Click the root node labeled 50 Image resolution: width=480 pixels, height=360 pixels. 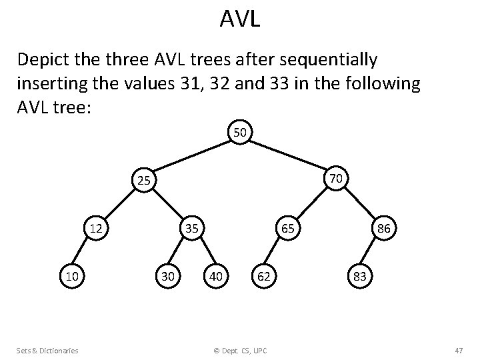(240, 133)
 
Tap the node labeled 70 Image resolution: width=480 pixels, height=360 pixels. (336, 178)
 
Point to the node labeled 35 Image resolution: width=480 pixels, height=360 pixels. (192, 228)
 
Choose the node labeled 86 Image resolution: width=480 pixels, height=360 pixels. (385, 228)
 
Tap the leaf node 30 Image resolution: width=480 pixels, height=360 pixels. (167, 275)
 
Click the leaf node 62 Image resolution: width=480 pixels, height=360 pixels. (264, 275)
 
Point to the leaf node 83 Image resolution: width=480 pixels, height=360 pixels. (360, 275)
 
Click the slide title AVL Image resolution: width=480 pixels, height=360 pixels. (240, 19)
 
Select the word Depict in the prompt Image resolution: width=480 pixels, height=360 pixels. (42, 61)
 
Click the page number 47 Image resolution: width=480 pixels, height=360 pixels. (458, 350)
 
